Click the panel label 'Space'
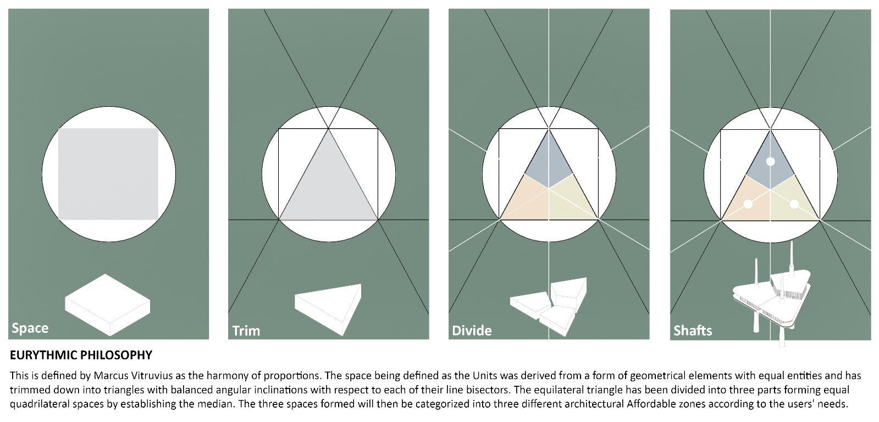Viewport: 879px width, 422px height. click(30, 328)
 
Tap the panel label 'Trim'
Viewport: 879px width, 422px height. click(246, 331)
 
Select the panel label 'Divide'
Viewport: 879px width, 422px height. click(471, 331)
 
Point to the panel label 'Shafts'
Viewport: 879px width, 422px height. click(692, 331)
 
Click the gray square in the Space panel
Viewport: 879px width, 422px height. click(108, 174)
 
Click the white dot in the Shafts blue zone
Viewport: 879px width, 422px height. click(770, 162)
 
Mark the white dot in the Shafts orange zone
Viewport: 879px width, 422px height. click(748, 204)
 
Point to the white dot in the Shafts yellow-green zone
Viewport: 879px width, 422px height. click(794, 204)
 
